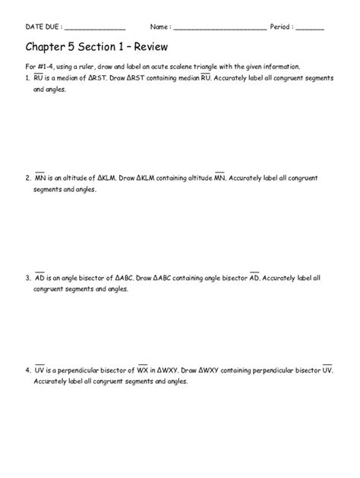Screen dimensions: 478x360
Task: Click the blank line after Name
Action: coord(219,27)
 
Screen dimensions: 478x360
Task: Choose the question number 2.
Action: coord(27,178)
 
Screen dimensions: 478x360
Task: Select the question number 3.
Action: coord(27,278)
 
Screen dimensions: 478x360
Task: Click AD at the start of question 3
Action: coord(39,278)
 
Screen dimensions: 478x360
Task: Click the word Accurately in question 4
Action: coord(50,382)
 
